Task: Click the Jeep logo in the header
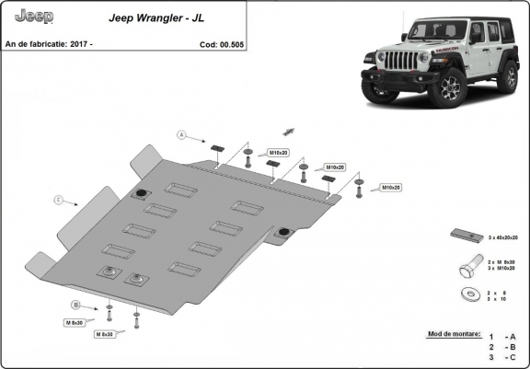[x=34, y=17]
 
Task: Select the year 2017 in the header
[x=80, y=43]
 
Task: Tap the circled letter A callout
[x=183, y=136]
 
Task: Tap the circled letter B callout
[x=76, y=305]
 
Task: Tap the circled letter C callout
[x=58, y=199]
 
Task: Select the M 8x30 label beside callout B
[x=75, y=322]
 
